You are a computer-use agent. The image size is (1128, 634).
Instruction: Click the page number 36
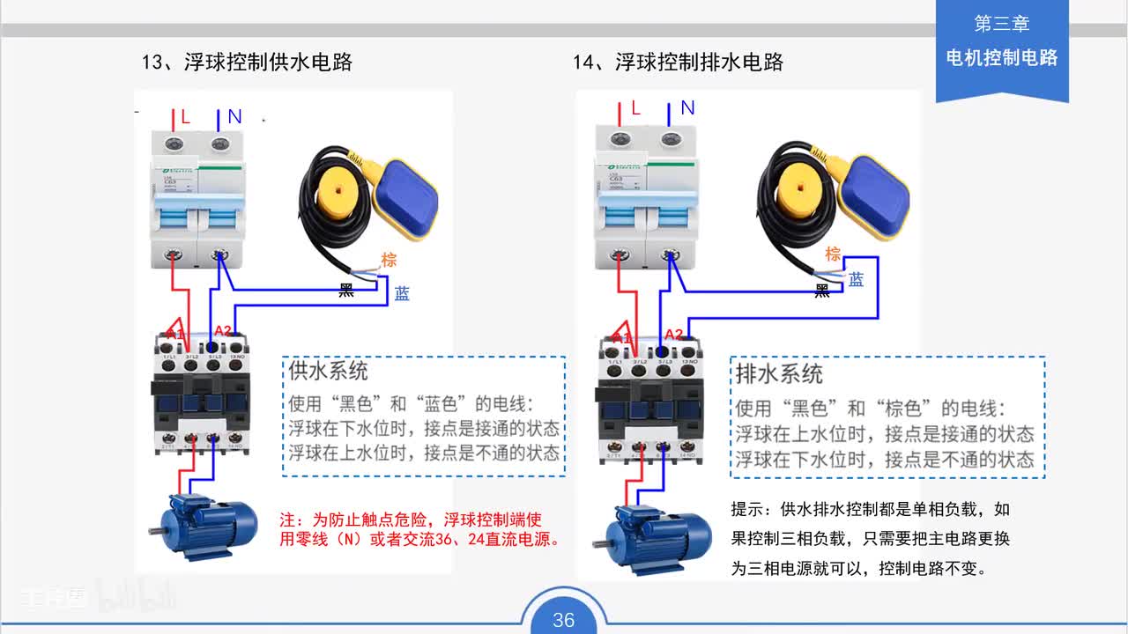tap(563, 620)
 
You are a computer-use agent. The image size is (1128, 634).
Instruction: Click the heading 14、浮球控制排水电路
tap(678, 63)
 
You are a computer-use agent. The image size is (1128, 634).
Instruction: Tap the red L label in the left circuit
tap(185, 117)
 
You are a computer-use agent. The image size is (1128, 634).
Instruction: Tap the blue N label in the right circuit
tap(687, 108)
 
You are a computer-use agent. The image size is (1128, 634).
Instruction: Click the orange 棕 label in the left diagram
tap(389, 260)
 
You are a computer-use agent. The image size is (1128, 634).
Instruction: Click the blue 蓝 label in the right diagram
tap(856, 280)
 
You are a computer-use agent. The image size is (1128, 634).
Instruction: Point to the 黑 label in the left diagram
tap(347, 291)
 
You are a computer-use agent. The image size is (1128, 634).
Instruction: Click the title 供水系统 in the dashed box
tap(329, 371)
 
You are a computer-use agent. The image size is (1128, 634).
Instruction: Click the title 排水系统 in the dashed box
tap(779, 373)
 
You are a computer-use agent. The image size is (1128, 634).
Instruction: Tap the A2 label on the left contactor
tap(223, 331)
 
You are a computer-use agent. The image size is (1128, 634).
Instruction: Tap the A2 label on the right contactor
tap(674, 334)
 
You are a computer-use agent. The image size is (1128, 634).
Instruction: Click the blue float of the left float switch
tap(407, 198)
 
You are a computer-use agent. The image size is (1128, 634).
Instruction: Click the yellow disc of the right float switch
tap(797, 188)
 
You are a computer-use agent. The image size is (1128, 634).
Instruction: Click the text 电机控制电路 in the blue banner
tap(1001, 58)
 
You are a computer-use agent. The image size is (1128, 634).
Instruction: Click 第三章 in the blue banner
tap(1001, 24)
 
